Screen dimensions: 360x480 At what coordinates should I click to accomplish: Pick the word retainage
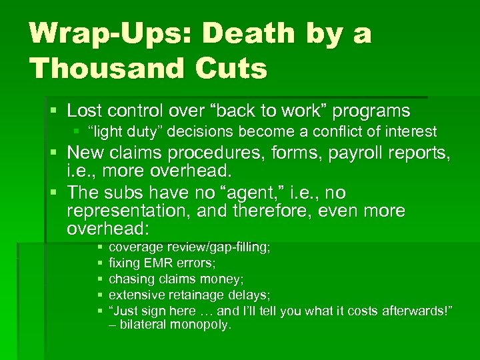coord(189,295)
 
